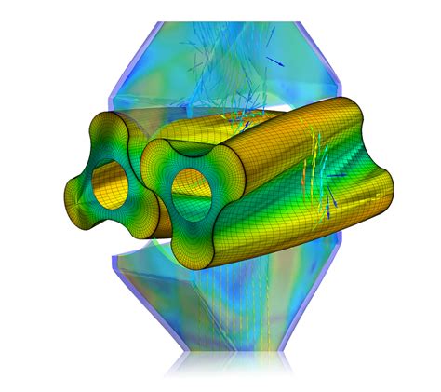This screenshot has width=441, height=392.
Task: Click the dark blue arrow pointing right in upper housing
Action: tap(274, 61)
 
